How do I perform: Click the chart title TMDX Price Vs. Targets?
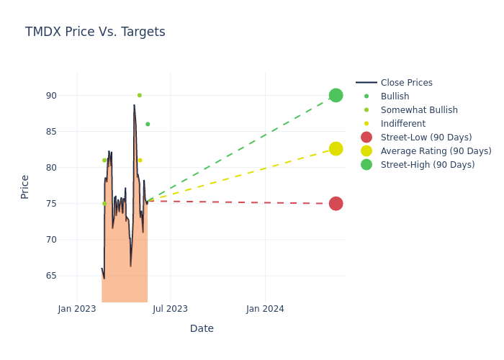click(95, 32)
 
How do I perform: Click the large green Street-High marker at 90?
click(336, 95)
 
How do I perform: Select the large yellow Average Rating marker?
click(336, 148)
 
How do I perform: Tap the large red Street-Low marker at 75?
click(336, 204)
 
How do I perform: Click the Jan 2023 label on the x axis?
click(77, 309)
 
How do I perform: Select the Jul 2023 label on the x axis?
click(171, 309)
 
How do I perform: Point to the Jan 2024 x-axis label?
click(265, 309)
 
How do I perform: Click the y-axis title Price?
click(25, 186)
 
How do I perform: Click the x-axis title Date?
click(202, 329)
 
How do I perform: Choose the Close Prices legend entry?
click(406, 83)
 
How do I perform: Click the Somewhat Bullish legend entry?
click(419, 110)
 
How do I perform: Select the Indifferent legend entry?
click(402, 124)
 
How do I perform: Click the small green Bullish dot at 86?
click(148, 124)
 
